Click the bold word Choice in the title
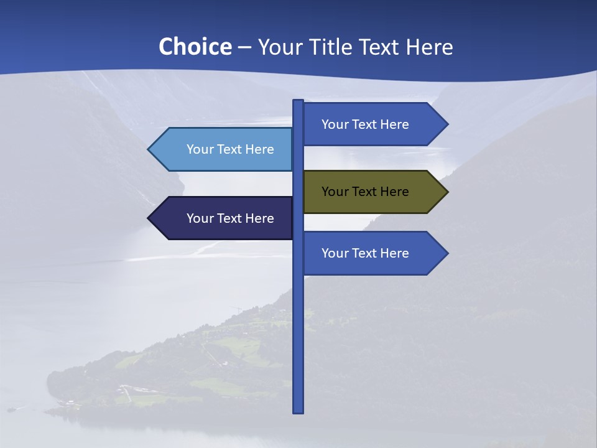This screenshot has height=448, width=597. coord(195,47)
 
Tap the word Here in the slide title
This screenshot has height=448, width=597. coord(429,47)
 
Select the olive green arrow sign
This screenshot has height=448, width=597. coord(373,192)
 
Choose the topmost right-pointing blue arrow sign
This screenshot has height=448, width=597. coord(373,124)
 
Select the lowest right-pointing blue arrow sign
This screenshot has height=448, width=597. coord(373,253)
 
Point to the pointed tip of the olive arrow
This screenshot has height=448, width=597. coord(447,192)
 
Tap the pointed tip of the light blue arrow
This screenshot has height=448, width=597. coord(149,149)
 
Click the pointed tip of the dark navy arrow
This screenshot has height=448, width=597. coord(149,218)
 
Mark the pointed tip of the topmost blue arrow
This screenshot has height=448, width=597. coord(447,124)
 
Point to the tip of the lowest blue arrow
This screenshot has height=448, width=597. coord(447,253)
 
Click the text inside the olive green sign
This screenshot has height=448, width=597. coord(365,192)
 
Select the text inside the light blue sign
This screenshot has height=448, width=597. coord(230,149)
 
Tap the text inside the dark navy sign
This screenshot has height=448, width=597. coord(230,218)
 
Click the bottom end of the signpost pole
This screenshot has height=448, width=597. coord(298,411)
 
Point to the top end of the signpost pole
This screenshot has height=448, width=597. coord(298,102)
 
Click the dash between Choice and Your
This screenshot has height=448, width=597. coord(244,47)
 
